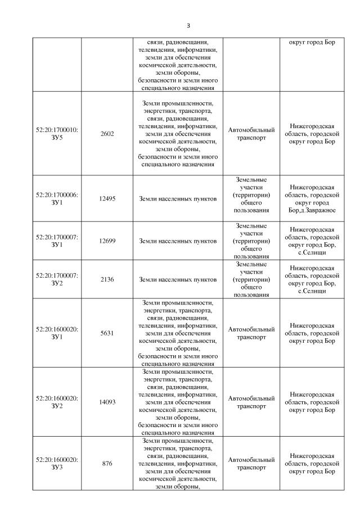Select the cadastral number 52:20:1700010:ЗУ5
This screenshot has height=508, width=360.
57,134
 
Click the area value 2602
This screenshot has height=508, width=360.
107,134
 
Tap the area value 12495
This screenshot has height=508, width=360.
107,198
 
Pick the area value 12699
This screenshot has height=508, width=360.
107,241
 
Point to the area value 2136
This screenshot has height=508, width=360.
107,279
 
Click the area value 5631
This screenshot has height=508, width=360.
107,333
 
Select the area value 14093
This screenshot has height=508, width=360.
107,402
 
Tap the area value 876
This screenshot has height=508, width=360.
107,464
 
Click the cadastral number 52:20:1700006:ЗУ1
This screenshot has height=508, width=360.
57,198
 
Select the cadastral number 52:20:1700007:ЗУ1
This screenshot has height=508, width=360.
57,241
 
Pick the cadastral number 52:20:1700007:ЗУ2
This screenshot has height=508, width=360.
57,279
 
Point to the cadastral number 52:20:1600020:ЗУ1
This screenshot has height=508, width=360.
57,333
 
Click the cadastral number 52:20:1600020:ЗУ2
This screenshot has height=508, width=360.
57,402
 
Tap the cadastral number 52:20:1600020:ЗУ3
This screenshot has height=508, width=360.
57,464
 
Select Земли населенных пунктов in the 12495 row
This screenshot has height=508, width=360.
178,198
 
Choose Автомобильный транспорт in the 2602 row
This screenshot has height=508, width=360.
251,134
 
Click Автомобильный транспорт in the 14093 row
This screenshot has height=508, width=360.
251,402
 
